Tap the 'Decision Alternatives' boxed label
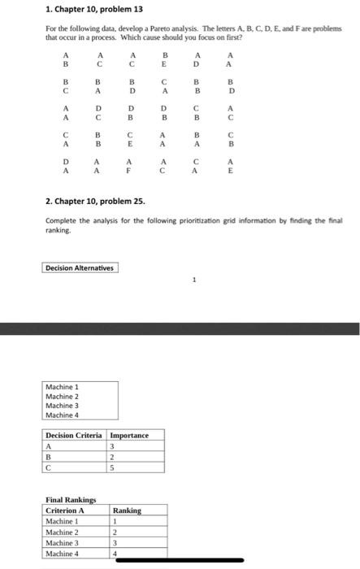[x=80, y=267]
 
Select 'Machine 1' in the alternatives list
[x=63, y=386]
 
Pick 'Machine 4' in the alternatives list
[x=63, y=415]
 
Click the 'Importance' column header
[x=129, y=435]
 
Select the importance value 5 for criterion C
[x=113, y=467]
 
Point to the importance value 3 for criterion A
[x=113, y=445]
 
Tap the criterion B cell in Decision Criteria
[x=50, y=457]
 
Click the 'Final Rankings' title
[x=71, y=501]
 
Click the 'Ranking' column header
[x=128, y=510]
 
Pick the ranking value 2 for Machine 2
[x=115, y=532]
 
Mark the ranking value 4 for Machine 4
[x=115, y=553]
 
